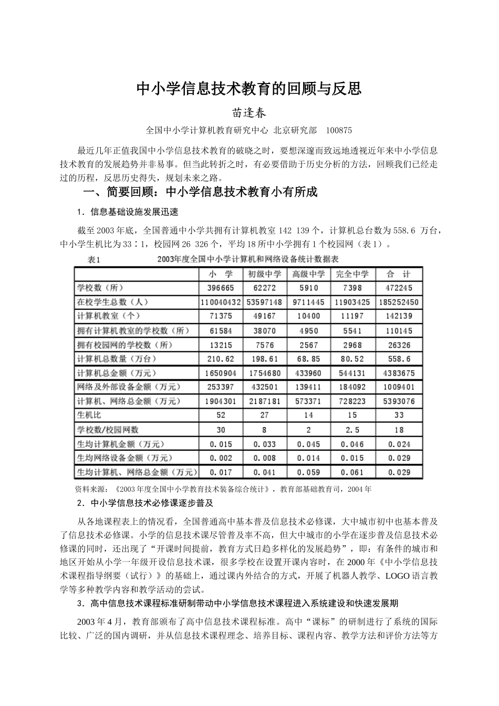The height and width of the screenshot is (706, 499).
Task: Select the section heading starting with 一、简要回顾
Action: tap(201, 192)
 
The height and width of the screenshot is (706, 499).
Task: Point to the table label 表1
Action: tap(94, 259)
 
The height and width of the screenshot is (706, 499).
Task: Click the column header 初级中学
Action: tap(265, 274)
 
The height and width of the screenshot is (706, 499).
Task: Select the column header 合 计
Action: tap(399, 274)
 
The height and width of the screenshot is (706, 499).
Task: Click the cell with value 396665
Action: tap(221, 288)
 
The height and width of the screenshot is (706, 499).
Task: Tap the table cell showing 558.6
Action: tap(399, 359)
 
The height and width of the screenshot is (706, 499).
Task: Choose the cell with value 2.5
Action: tap(352, 429)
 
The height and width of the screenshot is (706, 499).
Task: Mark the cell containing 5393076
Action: tap(399, 401)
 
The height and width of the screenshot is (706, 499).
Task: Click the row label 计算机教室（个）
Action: tap(109, 316)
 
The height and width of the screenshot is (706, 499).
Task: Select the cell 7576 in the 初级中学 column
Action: tap(265, 345)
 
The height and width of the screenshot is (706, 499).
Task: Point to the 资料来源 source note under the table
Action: tap(223, 489)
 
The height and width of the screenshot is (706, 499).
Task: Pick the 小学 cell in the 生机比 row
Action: tap(221, 415)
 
